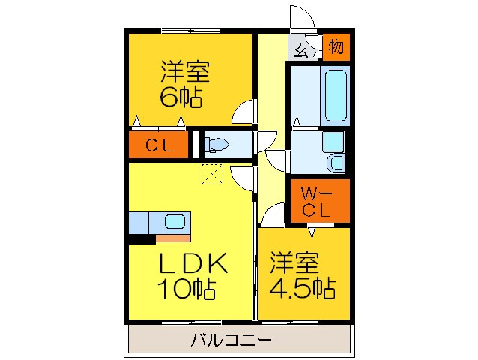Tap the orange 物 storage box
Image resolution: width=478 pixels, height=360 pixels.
click(336, 47)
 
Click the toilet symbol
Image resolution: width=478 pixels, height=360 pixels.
click(217, 143)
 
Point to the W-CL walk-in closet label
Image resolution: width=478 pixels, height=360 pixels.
click(315, 202)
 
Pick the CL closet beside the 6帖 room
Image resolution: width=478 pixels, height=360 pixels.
click(159, 145)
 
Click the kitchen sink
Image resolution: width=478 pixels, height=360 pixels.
click(175, 223)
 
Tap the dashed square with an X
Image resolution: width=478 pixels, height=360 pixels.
click(213, 173)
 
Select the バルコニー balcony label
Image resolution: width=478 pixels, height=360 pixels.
click(232, 340)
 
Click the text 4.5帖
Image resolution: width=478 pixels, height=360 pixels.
click(303, 286)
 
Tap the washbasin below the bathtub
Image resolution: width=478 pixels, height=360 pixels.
click(333, 152)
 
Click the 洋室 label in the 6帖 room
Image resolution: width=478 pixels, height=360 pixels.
click(184, 73)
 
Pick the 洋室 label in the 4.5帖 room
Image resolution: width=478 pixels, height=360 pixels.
click(294, 263)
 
